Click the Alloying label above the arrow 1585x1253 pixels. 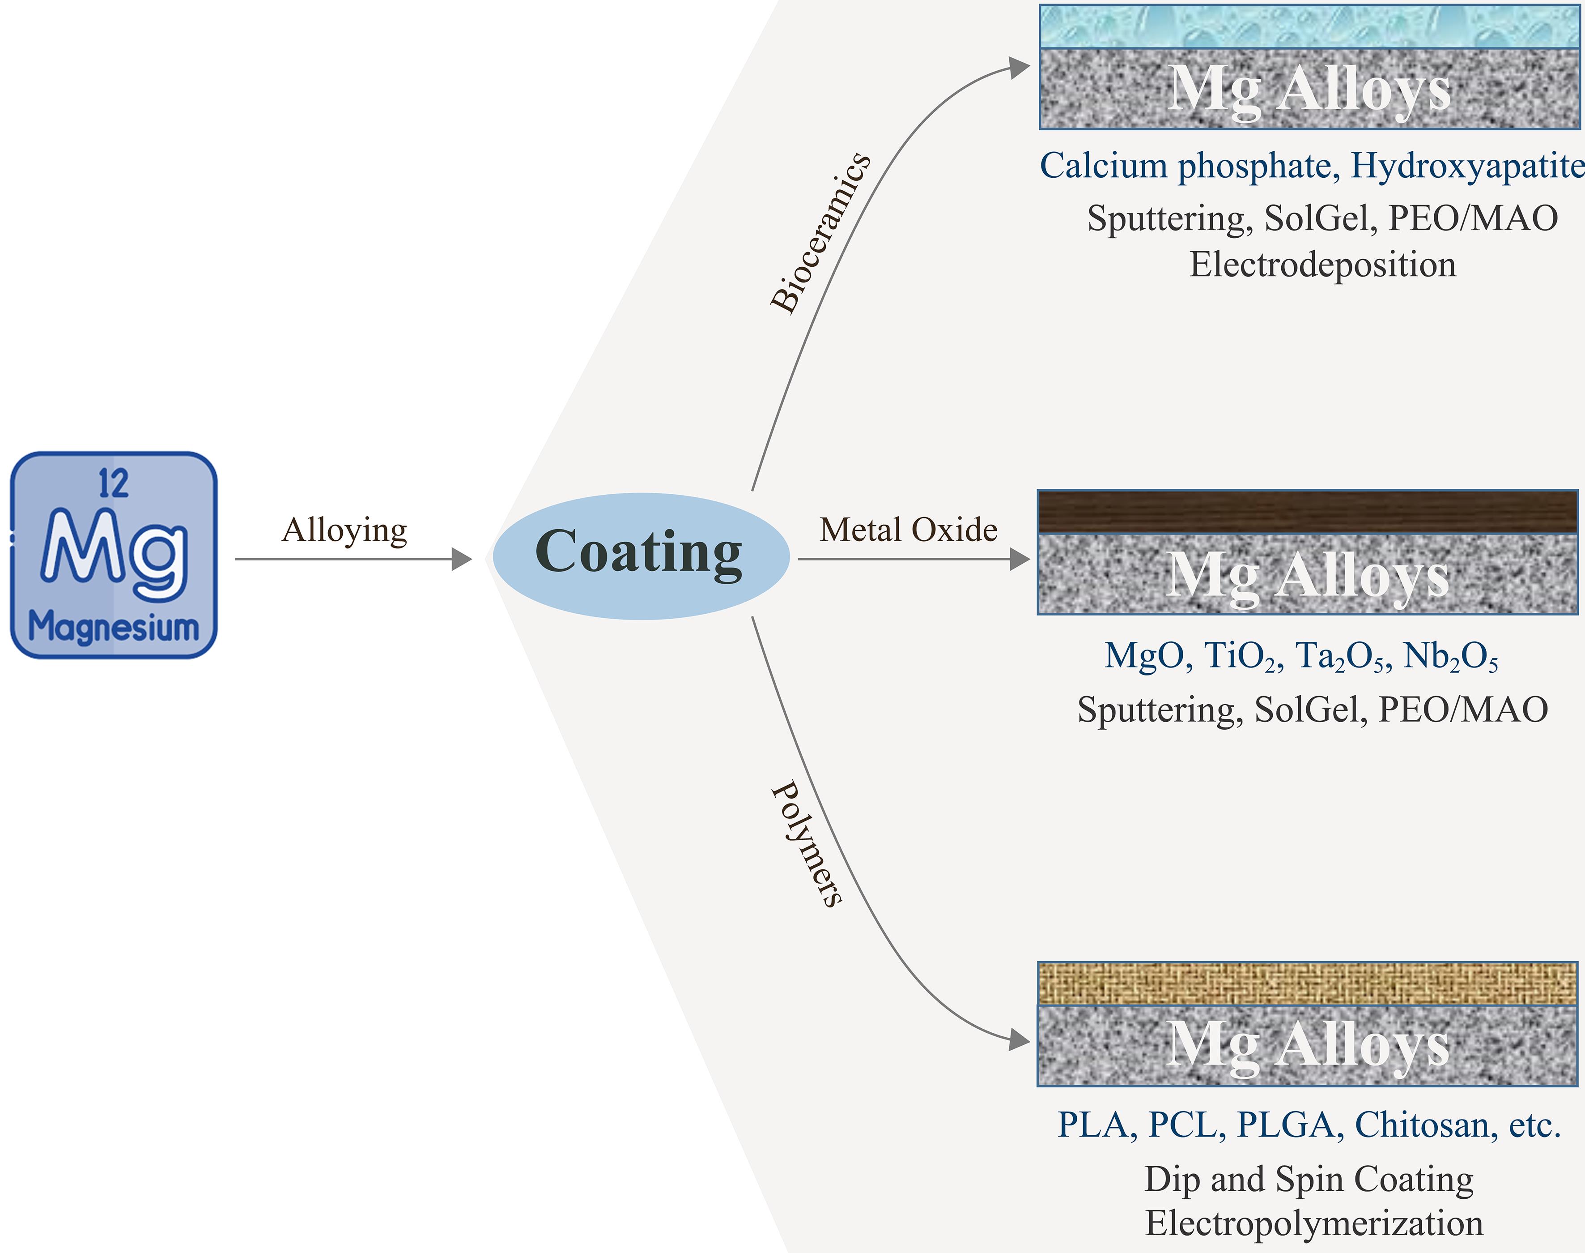tap(344, 530)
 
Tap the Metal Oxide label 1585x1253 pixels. tap(908, 530)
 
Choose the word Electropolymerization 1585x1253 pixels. tap(1314, 1223)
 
